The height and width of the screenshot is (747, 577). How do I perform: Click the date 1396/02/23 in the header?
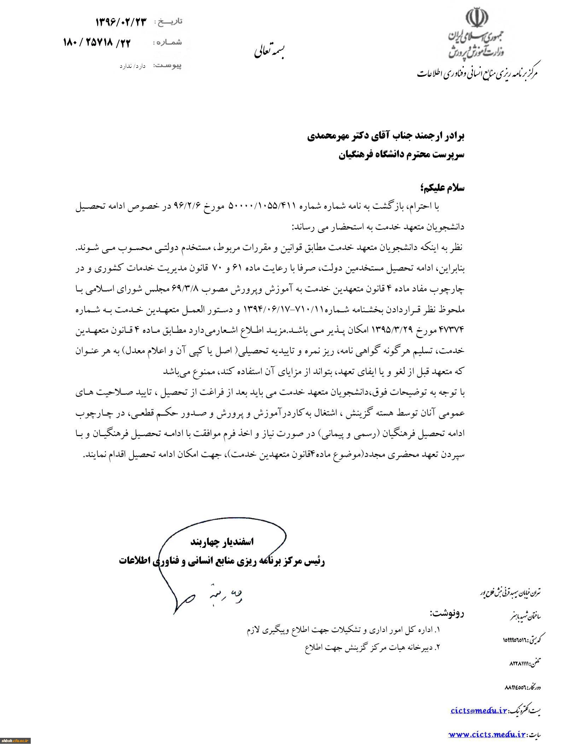(x=121, y=22)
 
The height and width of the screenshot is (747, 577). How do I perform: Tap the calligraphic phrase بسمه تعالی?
(x=271, y=52)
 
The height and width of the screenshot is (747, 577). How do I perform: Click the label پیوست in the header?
(x=168, y=66)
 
